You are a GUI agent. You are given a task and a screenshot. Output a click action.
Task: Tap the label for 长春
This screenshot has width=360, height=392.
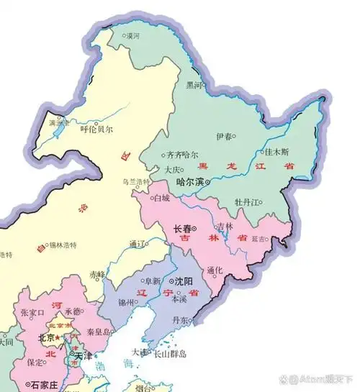(184, 229)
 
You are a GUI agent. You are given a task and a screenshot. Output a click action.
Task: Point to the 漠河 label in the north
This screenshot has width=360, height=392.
(132, 35)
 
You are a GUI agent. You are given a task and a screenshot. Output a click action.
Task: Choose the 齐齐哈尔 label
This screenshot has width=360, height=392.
(181, 154)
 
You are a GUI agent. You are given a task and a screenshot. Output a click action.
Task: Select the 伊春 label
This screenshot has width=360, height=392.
(225, 135)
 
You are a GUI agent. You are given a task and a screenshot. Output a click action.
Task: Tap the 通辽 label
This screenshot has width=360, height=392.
(138, 244)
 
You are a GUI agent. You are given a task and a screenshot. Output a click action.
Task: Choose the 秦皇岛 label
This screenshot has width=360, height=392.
(98, 332)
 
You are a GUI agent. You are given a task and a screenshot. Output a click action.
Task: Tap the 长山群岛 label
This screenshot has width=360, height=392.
(170, 354)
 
